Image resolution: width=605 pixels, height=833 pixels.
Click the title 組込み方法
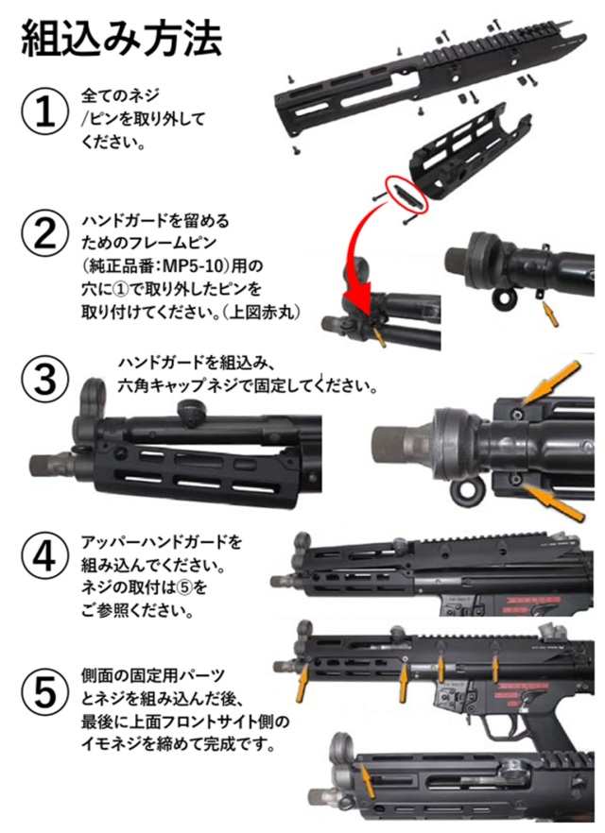[x=122, y=40]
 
